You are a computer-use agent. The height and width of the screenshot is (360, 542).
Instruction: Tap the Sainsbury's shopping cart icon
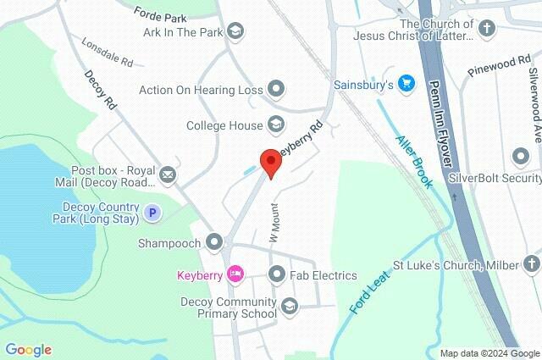pyautogui.click(x=406, y=85)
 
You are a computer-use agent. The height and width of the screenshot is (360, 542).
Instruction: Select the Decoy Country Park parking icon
pyautogui.click(x=152, y=213)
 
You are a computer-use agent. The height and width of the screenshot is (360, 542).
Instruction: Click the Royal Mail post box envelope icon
pyautogui.click(x=167, y=175)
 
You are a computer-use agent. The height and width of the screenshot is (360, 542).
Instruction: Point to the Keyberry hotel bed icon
pyautogui.click(x=235, y=274)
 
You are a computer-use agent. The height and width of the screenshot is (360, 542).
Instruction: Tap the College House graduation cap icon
pyautogui.click(x=275, y=125)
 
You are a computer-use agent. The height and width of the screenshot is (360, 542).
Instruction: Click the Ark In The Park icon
pyautogui.click(x=235, y=32)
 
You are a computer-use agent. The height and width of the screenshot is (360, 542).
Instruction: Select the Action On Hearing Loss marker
pyautogui.click(x=275, y=87)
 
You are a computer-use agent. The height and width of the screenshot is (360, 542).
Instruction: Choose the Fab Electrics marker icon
pyautogui.click(x=276, y=274)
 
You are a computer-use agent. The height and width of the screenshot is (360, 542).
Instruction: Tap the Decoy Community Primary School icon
pyautogui.click(x=290, y=307)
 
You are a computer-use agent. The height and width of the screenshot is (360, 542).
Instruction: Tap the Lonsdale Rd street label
pyautogui.click(x=108, y=52)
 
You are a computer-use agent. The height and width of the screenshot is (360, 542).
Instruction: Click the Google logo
pyautogui.click(x=28, y=350)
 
